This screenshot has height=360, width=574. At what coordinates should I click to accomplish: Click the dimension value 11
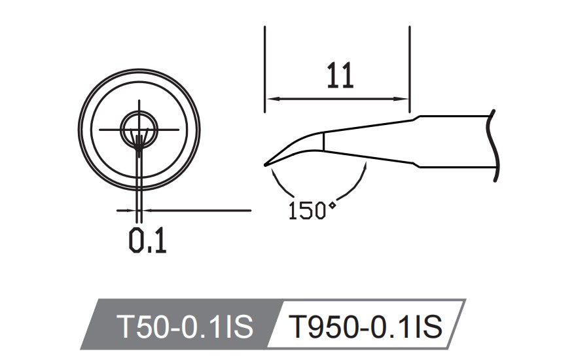[x=340, y=77]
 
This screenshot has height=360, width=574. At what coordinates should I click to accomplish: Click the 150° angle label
[x=312, y=211]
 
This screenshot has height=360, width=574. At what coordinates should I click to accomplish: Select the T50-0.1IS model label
[x=184, y=325]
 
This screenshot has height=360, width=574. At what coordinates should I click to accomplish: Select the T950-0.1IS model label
[x=366, y=325]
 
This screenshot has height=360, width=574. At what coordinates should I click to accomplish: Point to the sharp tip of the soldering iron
[x=265, y=164]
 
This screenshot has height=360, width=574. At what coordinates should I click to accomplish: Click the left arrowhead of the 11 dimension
[x=270, y=99]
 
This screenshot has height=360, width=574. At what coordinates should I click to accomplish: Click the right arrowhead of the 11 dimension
[x=404, y=99]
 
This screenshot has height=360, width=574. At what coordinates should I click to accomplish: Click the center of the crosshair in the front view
[x=139, y=130]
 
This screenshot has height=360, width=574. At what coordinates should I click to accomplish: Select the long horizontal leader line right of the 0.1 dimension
[x=196, y=211]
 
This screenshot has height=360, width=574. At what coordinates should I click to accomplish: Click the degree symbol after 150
[x=332, y=206]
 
